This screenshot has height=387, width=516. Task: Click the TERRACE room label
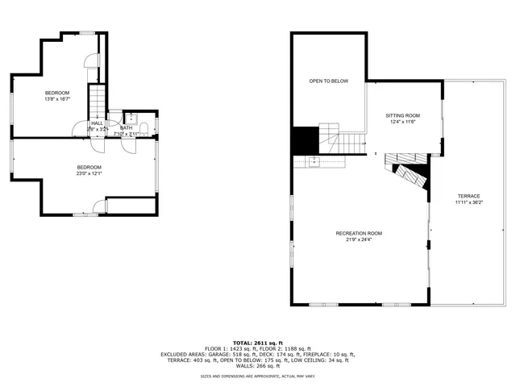tap(468, 196)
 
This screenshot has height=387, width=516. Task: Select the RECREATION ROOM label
tap(359, 233)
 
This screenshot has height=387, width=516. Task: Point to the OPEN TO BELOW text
tap(328, 81)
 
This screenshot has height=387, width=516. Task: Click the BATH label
tap(127, 127)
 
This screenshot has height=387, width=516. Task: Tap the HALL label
tap(97, 123)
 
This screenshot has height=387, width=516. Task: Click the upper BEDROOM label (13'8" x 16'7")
tap(57, 93)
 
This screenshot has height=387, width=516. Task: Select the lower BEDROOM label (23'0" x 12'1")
tap(89, 167)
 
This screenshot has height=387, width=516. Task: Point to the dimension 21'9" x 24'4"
tap(359, 239)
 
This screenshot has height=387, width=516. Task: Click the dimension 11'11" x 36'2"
tap(468, 202)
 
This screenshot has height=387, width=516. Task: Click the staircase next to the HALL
tap(98, 100)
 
